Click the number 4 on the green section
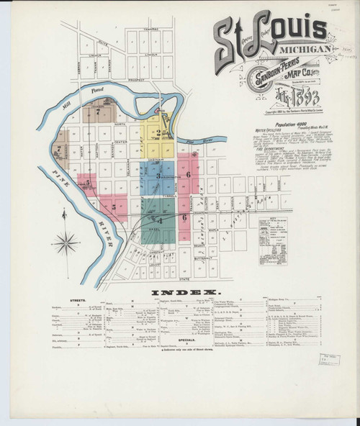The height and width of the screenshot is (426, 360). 161,219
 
